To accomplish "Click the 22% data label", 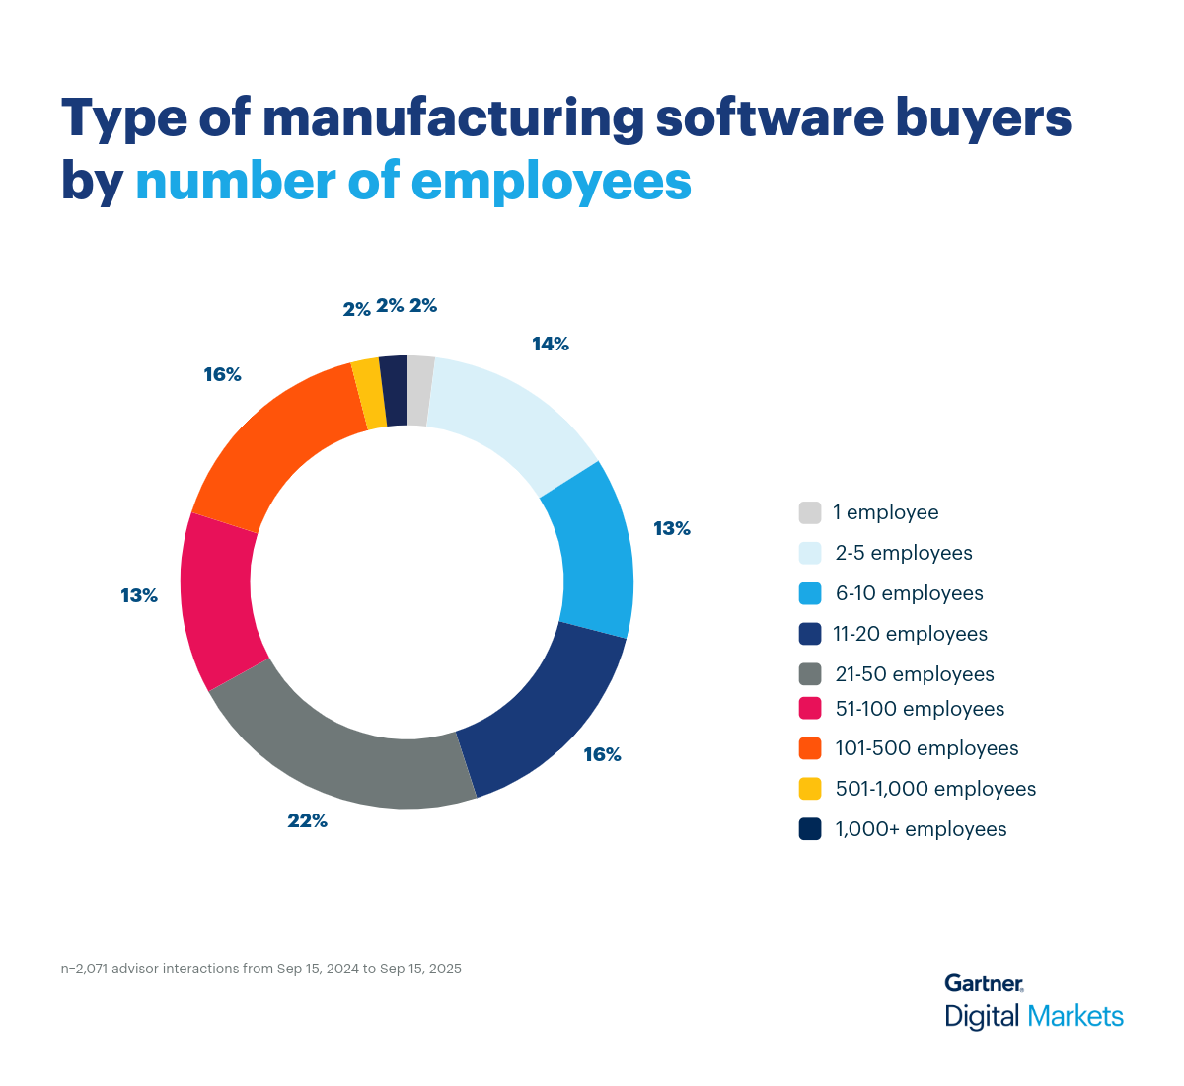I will tap(307, 820).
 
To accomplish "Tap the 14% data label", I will tap(551, 345).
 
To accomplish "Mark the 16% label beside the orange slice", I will tap(223, 375).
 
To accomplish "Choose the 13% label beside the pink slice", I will tap(139, 596).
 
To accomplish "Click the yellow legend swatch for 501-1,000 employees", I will tap(810, 789).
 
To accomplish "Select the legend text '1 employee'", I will tap(885, 512).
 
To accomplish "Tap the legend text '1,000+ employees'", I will tap(921, 829).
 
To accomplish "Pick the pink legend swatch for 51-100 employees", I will tap(810, 709).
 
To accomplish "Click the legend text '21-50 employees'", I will tap(914, 674).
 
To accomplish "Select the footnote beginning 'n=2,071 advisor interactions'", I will tap(261, 969).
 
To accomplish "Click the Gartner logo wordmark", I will tap(984, 983).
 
